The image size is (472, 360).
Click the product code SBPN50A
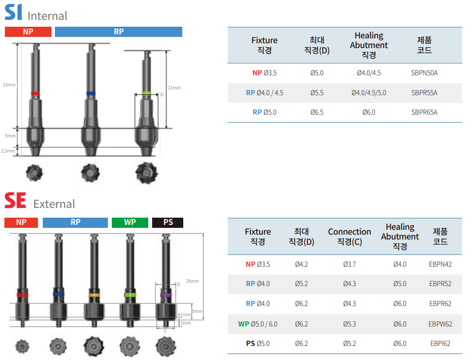pyautogui.click(x=424, y=73)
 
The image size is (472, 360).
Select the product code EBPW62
pyautogui.click(x=440, y=324)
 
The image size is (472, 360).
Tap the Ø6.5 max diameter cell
pyautogui.click(x=316, y=112)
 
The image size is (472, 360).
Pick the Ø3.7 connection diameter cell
pyautogui.click(x=349, y=264)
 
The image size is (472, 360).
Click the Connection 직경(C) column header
pyautogui.click(x=349, y=237)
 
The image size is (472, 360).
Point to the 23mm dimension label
pyautogui.click(x=9, y=85)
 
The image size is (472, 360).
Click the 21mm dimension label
pyautogui.click(x=175, y=88)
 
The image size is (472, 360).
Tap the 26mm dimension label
pyautogui.click(x=192, y=281)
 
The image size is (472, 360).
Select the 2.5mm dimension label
pyautogui.click(x=8, y=151)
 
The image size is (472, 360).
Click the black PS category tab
pyautogui.click(x=168, y=223)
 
